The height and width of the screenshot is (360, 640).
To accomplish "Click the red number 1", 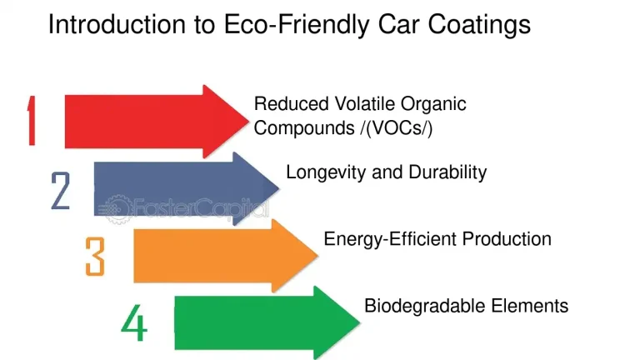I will click(x=31, y=121).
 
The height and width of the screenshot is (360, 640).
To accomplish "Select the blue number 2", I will click(x=61, y=191).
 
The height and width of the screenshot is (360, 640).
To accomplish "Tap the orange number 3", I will click(x=95, y=256).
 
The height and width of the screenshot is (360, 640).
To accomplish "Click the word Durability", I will click(x=447, y=172).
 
